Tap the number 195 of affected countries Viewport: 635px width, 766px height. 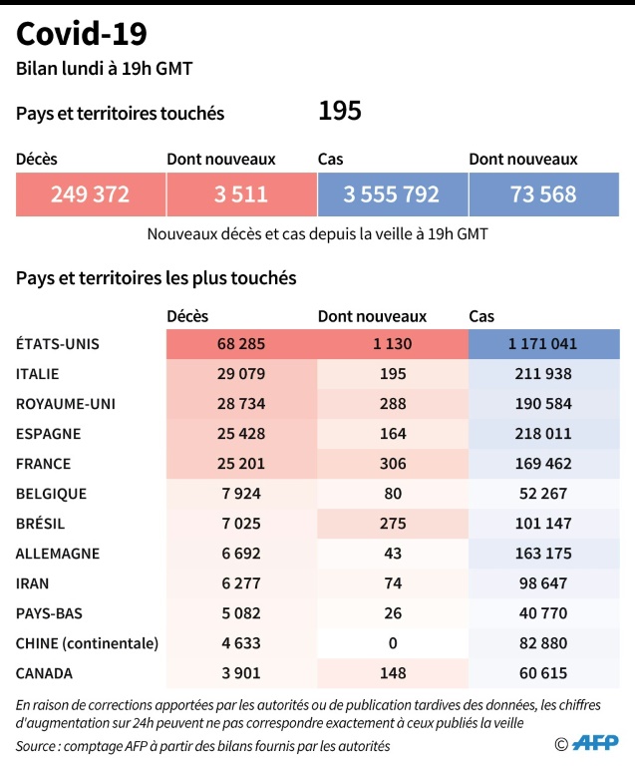[x=339, y=112]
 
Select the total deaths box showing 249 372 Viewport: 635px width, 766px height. [x=91, y=194]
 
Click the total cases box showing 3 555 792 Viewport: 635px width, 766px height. [x=392, y=194]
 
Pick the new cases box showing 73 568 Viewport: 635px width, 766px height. [x=543, y=194]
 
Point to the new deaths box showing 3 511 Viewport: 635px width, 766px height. [x=241, y=194]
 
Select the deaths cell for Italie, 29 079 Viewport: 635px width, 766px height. [x=241, y=374]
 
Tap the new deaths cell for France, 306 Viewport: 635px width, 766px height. [x=392, y=464]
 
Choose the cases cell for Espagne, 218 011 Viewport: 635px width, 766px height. [x=543, y=434]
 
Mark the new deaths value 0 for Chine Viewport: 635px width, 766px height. [x=392, y=643]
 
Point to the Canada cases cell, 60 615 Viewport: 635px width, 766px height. [x=543, y=673]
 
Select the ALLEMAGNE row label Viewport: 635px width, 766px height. [x=58, y=554]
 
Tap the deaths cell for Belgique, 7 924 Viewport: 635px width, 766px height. [x=241, y=494]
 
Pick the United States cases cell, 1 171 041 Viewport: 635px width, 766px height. [x=543, y=344]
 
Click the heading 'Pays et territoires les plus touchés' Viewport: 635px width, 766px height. [x=157, y=278]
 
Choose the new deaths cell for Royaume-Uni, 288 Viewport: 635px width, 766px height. [x=392, y=404]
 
